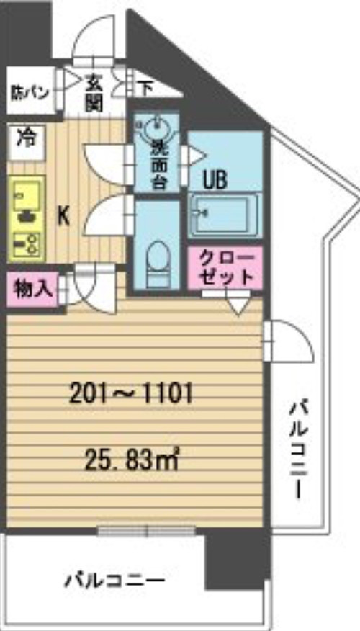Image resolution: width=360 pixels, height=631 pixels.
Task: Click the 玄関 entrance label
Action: coord(94,94)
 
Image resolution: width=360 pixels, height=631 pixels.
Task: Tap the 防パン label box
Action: coord(30,91)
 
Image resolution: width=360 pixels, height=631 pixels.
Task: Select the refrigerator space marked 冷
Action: coord(26,142)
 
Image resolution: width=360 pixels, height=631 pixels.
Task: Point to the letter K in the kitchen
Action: coord(64,218)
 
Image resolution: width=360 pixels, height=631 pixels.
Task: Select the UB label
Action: coord(215,181)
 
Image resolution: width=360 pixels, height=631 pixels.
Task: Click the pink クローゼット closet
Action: coord(225,268)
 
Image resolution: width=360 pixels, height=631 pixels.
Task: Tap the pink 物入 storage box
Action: coord(33,288)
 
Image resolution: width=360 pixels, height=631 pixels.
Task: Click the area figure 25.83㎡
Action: coord(131,462)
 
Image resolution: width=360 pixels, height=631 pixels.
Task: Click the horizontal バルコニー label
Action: coord(115,581)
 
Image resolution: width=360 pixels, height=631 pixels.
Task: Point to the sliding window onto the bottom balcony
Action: coord(146,531)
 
